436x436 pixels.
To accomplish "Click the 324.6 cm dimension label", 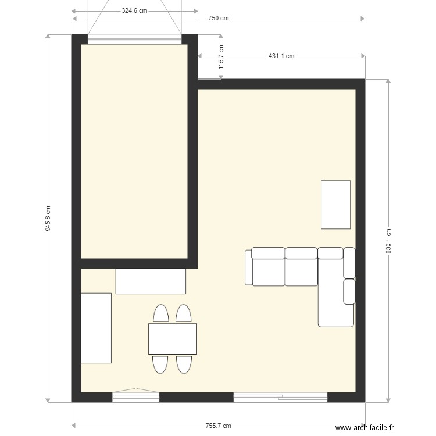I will [134, 10].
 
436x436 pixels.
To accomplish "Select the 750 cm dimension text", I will [218, 18].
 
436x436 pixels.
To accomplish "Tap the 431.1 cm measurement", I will [281, 56].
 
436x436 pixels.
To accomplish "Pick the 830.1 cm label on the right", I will [388, 240].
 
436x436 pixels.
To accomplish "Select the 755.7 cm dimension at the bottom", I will [218, 426].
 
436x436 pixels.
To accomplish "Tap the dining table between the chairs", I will [172, 339].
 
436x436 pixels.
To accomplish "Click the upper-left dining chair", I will [160, 313].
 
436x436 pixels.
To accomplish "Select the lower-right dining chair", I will [184, 364].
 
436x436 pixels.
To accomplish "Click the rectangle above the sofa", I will [335, 205].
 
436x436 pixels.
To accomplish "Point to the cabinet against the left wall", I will [96, 328].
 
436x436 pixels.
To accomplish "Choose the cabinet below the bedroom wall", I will [151, 281].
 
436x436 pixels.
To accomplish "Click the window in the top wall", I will [134, 40].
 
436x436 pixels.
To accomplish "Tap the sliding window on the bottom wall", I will [280, 397].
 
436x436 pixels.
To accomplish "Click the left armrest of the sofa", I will [248, 267].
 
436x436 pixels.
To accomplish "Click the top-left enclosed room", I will [134, 151].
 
